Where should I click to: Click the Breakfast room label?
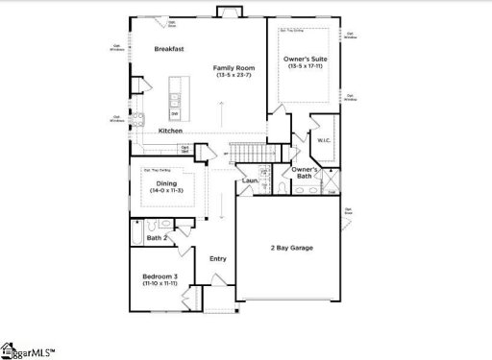pyautogui.click(x=170, y=48)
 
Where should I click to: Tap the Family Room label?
pyautogui.click(x=233, y=67)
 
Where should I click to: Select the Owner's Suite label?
pyautogui.click(x=304, y=60)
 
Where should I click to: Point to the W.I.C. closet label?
pyautogui.click(x=325, y=140)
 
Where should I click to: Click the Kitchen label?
pyautogui.click(x=171, y=131)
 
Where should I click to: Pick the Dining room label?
pyautogui.click(x=166, y=182)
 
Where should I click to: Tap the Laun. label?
pyautogui.click(x=250, y=180)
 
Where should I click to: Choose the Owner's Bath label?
pyautogui.click(x=306, y=173)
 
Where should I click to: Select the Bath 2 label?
pyautogui.click(x=158, y=237)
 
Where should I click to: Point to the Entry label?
pyautogui.click(x=217, y=258)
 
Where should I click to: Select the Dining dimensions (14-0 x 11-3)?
pyautogui.click(x=166, y=191)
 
